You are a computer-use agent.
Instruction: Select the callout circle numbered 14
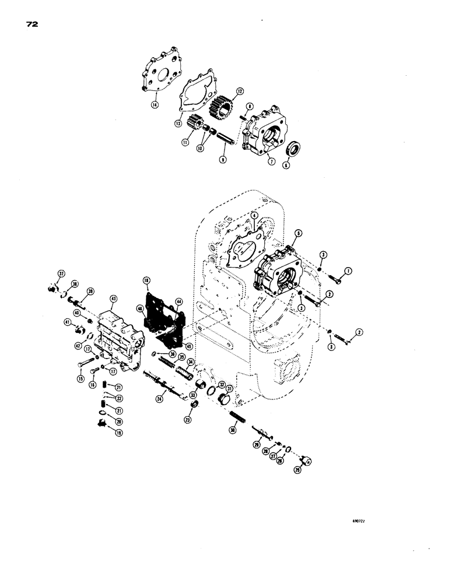coord(139,104)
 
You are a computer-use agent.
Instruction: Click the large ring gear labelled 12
coord(225,106)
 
